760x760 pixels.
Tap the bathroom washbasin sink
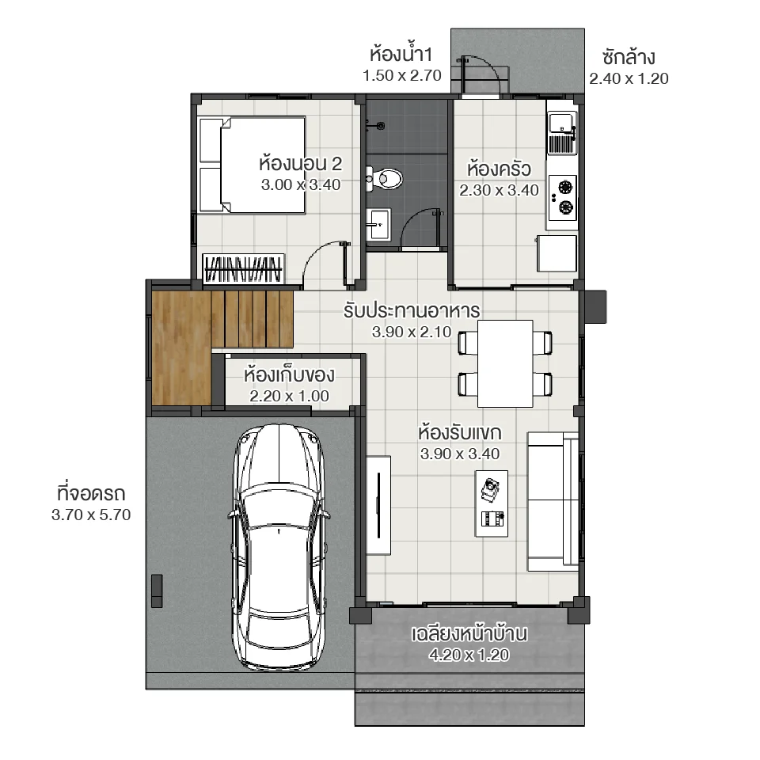378,224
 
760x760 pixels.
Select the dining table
505,363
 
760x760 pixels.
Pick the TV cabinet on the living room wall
378,506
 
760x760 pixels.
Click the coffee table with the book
492,501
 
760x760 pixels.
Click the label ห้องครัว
499,169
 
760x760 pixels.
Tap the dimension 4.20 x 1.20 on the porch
469,655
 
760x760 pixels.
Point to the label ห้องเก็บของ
290,374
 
